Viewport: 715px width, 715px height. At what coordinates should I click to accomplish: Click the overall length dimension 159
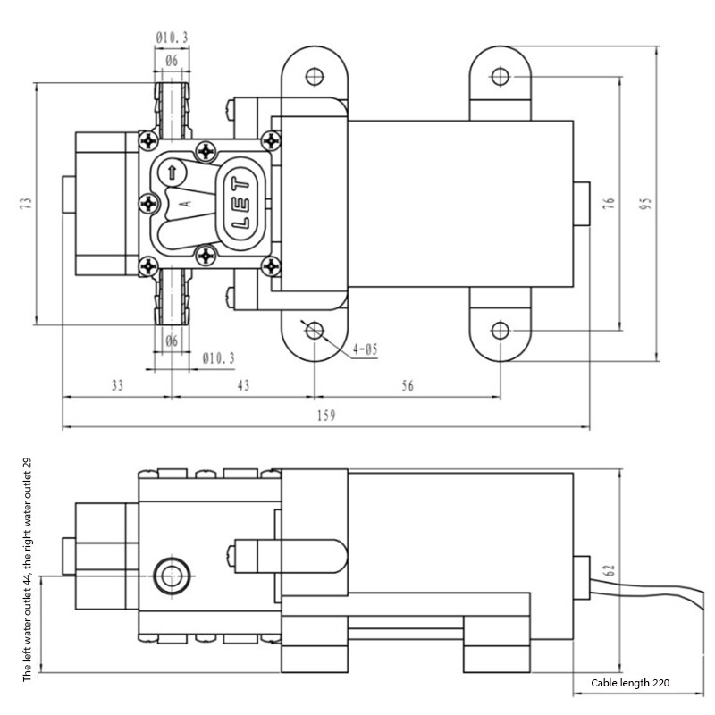(x=326, y=416)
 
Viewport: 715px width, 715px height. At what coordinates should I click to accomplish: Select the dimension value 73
(x=26, y=204)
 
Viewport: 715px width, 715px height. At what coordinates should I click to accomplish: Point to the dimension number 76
(x=609, y=204)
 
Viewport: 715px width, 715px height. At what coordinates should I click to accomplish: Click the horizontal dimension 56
(x=408, y=385)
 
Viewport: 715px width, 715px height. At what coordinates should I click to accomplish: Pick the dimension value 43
(x=242, y=385)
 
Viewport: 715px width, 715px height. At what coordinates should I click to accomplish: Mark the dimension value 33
(x=117, y=385)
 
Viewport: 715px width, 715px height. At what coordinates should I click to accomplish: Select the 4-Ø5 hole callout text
(x=366, y=349)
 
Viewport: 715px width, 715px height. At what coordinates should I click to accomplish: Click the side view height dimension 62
(x=610, y=572)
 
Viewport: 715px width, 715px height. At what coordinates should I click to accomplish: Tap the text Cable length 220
(x=629, y=683)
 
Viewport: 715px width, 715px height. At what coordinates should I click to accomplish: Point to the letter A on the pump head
(x=185, y=203)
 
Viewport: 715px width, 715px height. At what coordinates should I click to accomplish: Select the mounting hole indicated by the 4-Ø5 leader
(x=314, y=331)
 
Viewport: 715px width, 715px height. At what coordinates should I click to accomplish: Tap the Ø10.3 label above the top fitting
(x=171, y=38)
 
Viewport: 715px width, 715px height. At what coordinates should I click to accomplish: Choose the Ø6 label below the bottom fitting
(x=172, y=341)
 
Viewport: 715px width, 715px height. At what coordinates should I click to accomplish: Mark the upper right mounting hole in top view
(x=500, y=77)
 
